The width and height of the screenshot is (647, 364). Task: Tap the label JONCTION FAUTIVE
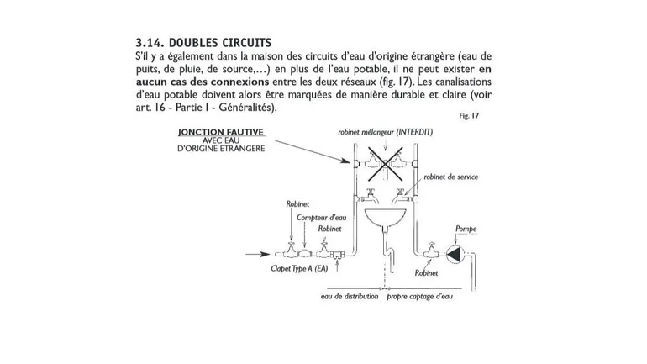pos(221,132)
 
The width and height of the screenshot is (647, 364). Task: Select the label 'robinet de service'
pos(450,177)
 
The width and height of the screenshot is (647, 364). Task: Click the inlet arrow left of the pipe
pos(254,253)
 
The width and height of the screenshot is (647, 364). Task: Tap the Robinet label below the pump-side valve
pos(426,273)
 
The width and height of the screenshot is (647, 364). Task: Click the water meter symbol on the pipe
pos(309,251)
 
